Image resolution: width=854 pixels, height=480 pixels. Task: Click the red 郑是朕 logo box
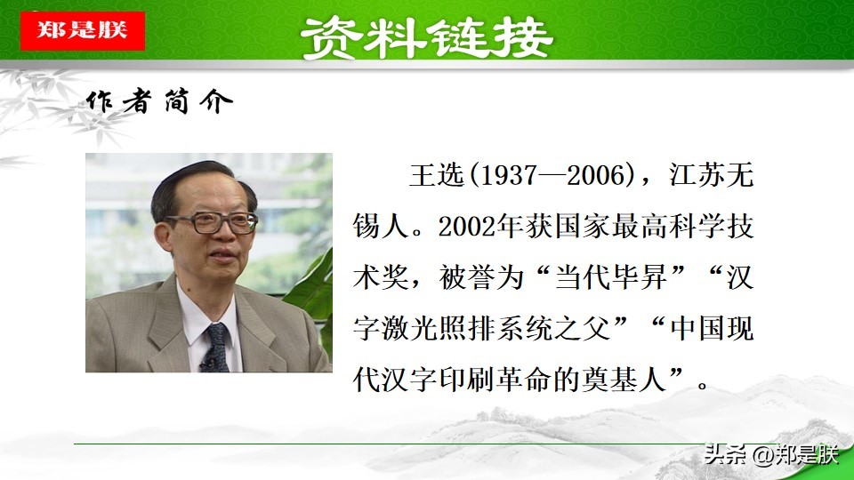82,30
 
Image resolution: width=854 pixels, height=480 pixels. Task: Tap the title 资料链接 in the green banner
427,38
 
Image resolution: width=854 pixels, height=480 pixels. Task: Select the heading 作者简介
159,101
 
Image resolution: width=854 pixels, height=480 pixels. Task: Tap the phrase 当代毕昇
610,277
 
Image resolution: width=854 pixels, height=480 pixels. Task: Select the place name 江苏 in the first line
697,175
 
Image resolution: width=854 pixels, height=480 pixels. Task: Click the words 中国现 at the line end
712,329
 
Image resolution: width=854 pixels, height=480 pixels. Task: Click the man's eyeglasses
213,222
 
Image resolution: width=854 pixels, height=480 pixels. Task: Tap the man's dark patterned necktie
216,348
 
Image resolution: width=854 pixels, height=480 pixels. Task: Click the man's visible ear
163,238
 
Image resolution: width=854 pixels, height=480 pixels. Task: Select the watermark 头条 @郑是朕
771,454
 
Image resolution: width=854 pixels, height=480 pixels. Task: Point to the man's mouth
223,256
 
